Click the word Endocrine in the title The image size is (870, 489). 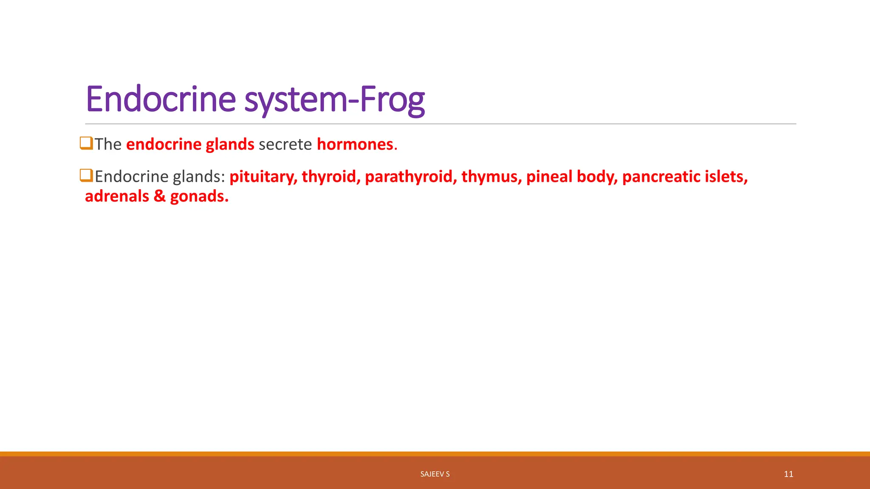click(161, 99)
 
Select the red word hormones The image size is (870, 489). click(355, 144)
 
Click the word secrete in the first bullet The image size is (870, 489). click(285, 144)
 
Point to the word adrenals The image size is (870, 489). click(117, 196)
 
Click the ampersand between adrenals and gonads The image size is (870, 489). click(160, 196)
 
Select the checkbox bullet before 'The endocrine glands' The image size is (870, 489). click(86, 143)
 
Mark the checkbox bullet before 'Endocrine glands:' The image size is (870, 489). click(86, 175)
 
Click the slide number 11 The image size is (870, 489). click(788, 474)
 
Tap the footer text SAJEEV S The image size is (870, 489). click(435, 474)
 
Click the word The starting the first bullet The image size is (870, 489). click(108, 144)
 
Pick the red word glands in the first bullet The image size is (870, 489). click(230, 144)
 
